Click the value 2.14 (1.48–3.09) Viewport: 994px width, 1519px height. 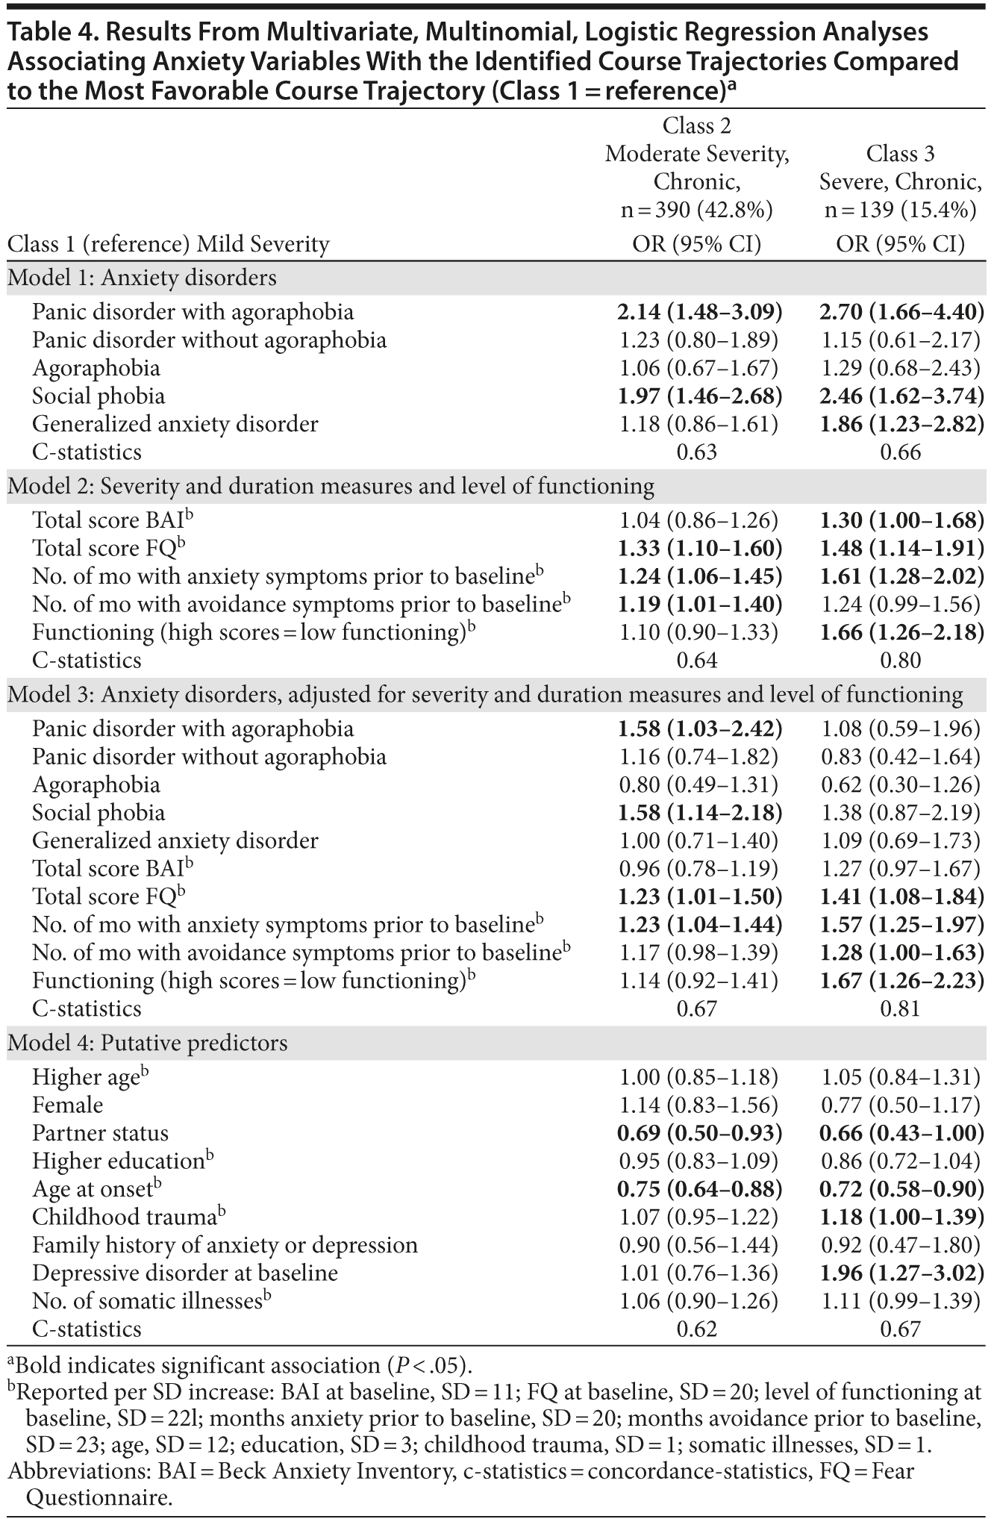pos(699,312)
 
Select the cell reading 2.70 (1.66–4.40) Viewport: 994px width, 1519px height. pos(901,312)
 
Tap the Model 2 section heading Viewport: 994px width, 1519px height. pos(331,487)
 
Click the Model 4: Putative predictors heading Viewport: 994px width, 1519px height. pos(147,1043)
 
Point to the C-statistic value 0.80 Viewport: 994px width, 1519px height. pos(901,661)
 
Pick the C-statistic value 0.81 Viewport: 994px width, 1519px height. pos(901,1009)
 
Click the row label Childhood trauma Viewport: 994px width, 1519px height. pos(124,1217)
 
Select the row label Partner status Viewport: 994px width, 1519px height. pos(100,1133)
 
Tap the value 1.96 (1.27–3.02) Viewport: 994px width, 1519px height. pos(901,1273)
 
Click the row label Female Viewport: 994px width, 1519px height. pos(67,1105)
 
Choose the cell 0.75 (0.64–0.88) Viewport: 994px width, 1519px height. pos(699,1189)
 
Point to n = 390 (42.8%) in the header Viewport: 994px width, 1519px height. pos(696,210)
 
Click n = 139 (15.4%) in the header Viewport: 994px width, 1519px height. pos(901,210)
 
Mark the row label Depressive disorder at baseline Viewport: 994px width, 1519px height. pos(185,1273)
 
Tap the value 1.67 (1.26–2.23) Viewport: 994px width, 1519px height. pos(901,981)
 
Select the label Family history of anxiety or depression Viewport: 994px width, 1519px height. pos(225,1245)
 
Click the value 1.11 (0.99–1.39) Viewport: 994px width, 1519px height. pos(901,1301)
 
